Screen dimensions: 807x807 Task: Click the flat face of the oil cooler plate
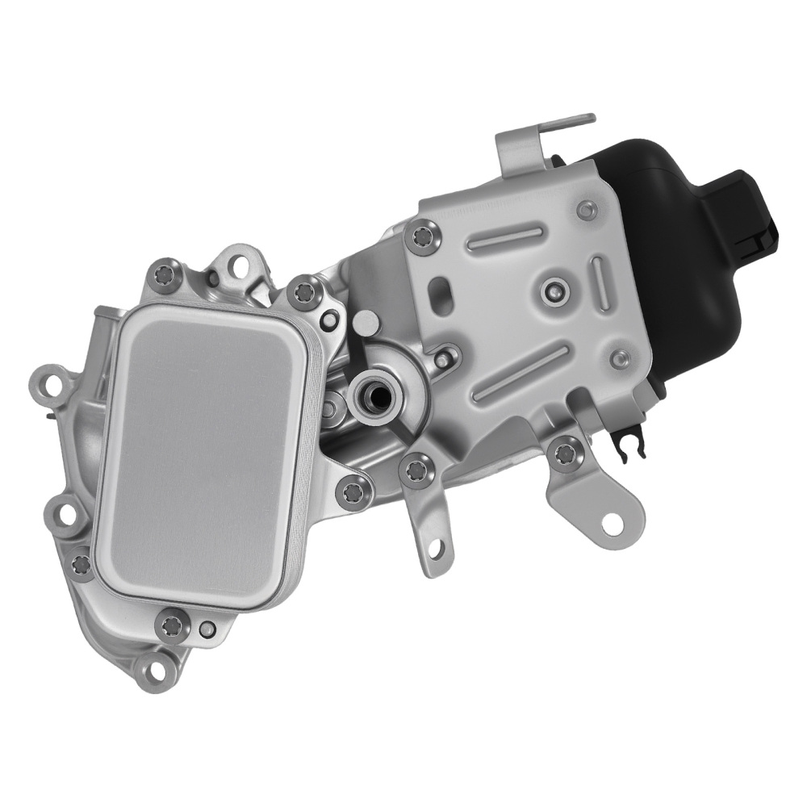click(202, 452)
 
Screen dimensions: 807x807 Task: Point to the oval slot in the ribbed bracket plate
click(441, 288)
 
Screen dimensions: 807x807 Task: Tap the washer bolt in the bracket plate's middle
click(554, 288)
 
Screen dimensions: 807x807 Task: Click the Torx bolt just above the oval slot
click(423, 236)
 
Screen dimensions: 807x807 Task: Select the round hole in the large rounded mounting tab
click(613, 522)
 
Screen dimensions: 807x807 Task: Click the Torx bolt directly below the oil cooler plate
click(172, 625)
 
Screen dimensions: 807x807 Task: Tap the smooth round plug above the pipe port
click(366, 323)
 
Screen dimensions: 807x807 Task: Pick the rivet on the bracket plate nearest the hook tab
click(587, 210)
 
